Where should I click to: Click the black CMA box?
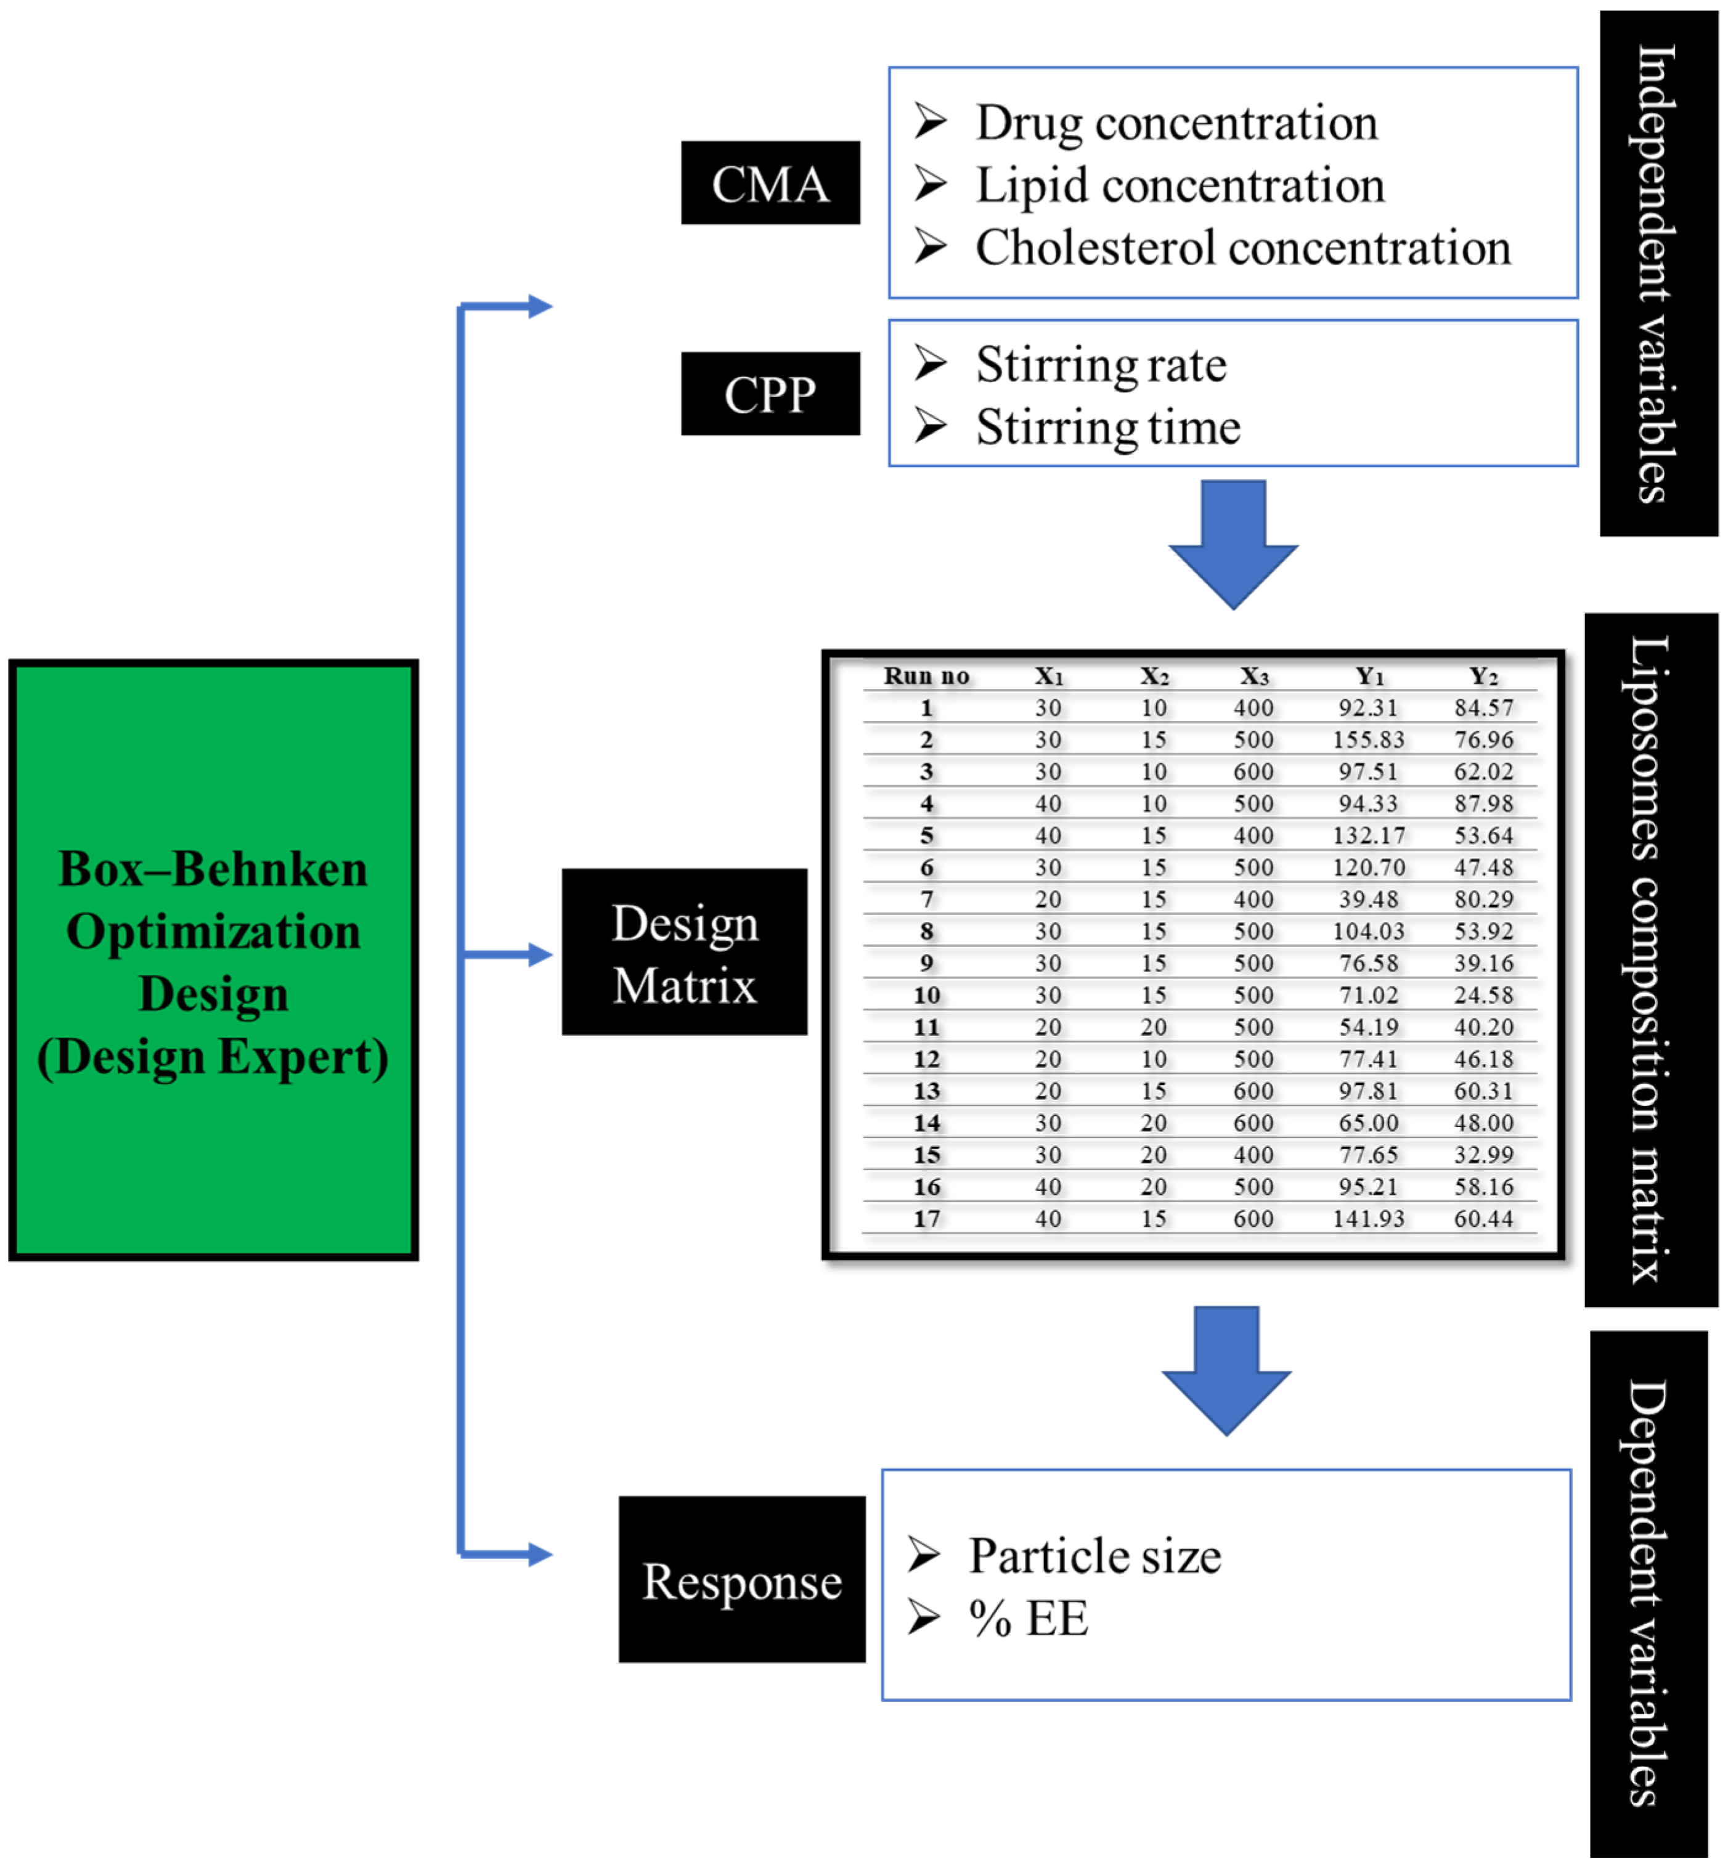770,183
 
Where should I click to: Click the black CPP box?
770,394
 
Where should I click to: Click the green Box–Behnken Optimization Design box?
213,960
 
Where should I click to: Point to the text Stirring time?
1108,427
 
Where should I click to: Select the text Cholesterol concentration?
1243,248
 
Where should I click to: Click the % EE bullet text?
1029,1618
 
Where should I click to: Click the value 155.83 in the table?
1368,739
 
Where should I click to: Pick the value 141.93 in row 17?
1368,1218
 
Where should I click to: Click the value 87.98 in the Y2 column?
1483,803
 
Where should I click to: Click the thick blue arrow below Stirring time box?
1233,547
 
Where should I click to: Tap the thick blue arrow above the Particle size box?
1226,1372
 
